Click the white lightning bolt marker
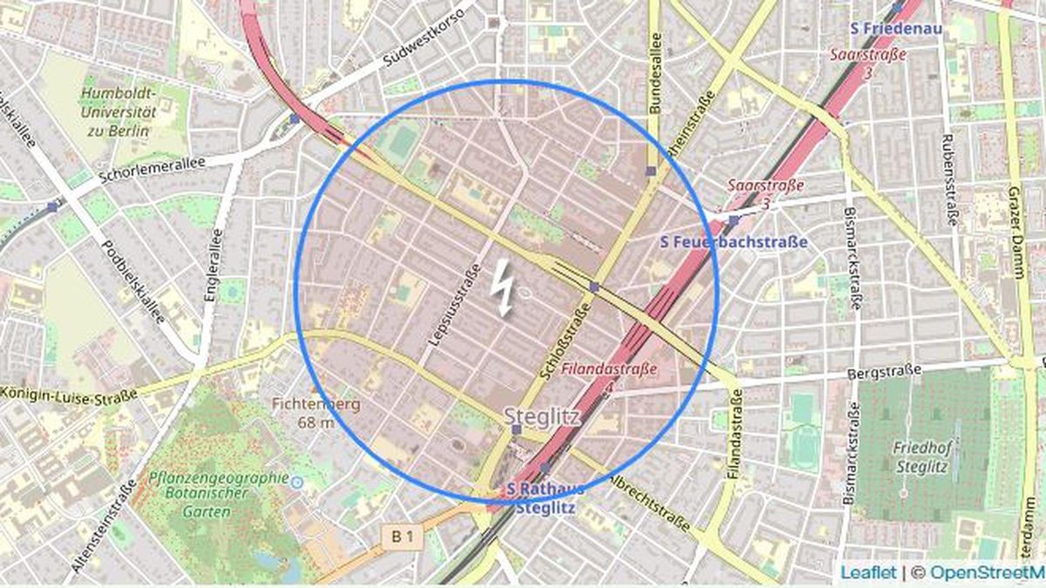pyautogui.click(x=504, y=287)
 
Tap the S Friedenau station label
pyautogui.click(x=893, y=29)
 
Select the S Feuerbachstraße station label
pyautogui.click(x=734, y=241)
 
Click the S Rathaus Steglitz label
pyautogui.click(x=546, y=498)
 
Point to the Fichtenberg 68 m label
pyautogui.click(x=303, y=413)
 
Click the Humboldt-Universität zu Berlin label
pyautogui.click(x=118, y=112)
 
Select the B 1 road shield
pyautogui.click(x=402, y=538)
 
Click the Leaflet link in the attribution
pyautogui.click(x=868, y=572)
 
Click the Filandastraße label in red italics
pyautogui.click(x=609, y=369)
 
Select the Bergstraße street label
pyautogui.click(x=884, y=374)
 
